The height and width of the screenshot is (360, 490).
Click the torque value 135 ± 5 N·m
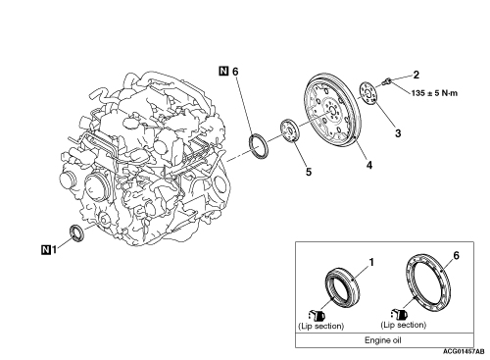click(x=434, y=93)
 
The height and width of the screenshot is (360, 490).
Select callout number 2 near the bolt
click(x=416, y=75)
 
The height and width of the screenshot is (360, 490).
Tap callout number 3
click(x=398, y=133)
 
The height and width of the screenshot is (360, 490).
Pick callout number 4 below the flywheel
click(x=369, y=165)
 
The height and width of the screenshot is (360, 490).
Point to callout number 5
click(x=309, y=172)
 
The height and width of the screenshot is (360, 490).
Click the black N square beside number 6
click(x=223, y=71)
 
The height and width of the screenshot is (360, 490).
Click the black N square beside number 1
click(x=46, y=249)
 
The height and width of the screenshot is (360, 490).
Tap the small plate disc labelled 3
click(x=368, y=94)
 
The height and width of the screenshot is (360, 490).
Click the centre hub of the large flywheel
click(x=331, y=110)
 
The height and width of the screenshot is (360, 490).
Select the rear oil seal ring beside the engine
click(x=259, y=146)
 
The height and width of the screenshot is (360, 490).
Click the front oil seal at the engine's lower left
click(x=76, y=233)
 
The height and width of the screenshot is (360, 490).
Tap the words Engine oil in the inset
click(x=382, y=340)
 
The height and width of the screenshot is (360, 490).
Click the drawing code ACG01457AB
click(x=464, y=352)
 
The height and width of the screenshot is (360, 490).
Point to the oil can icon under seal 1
click(x=317, y=316)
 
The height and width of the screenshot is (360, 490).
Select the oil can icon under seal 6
click(x=399, y=314)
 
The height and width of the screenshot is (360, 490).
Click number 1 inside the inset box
click(x=371, y=263)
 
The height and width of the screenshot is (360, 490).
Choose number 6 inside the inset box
click(x=456, y=255)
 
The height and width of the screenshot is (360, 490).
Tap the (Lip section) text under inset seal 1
click(x=321, y=326)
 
